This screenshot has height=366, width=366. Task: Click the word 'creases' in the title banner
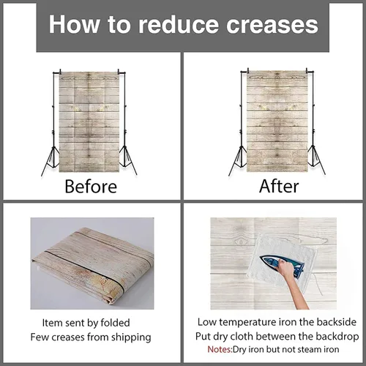(x=272, y=25)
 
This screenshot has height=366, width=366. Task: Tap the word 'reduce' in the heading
(x=179, y=25)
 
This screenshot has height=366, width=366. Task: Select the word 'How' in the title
(x=74, y=24)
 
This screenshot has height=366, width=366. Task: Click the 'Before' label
(x=91, y=187)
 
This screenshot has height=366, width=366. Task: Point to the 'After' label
(x=279, y=187)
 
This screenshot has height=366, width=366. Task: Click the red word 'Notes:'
(x=220, y=349)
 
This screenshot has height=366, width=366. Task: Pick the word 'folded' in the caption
(x=115, y=323)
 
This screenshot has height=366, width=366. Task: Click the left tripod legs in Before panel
(x=50, y=160)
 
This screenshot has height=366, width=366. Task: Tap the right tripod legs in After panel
(x=315, y=160)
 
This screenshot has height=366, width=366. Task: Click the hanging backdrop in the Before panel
(x=89, y=122)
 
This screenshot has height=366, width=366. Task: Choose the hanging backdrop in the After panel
(x=277, y=122)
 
